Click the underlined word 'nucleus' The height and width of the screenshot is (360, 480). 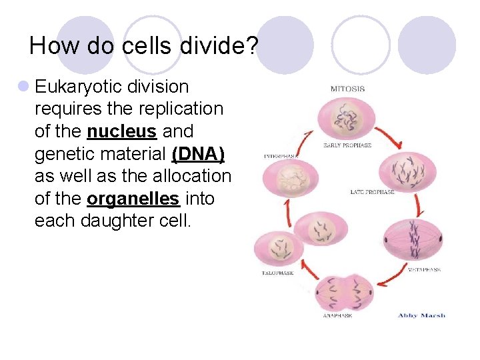pos(121,131)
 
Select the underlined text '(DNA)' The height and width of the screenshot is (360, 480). pos(198,154)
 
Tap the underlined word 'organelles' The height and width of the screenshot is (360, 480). pos(133,199)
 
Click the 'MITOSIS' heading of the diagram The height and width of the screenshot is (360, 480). pos(347,89)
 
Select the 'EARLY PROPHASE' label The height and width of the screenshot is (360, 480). pos(347,145)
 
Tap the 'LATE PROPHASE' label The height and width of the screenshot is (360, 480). pos(372,192)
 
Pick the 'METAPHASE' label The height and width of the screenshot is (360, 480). pos(424,269)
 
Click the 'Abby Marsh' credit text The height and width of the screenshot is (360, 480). pos(421,315)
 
